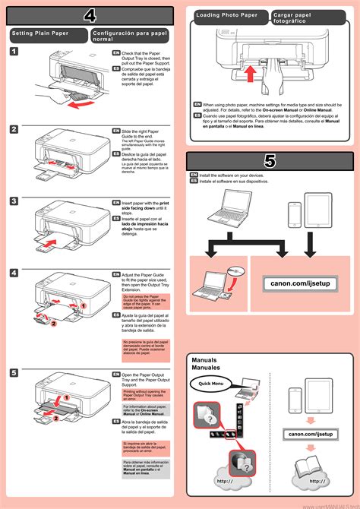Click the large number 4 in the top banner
tap(90, 16)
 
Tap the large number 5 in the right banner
tap(270, 160)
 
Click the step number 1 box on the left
tap(15, 51)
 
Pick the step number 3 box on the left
tap(15, 201)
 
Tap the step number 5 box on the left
tap(15, 373)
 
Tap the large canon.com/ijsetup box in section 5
tap(300, 283)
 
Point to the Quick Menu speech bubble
tap(212, 384)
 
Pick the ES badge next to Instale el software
tap(194, 182)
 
